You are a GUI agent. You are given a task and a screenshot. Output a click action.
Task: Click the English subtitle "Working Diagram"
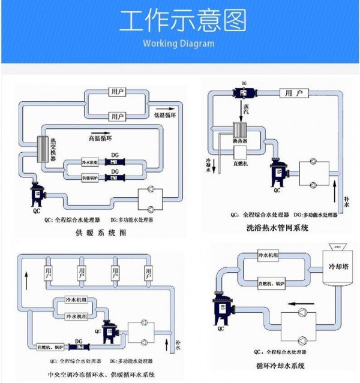click(178, 43)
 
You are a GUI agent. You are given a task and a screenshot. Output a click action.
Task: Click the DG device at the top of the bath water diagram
click(244, 94)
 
